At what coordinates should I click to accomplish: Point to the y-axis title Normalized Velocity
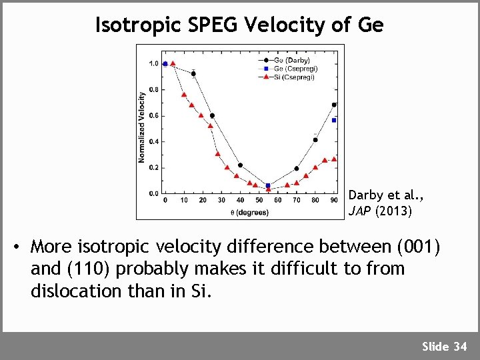(x=142, y=127)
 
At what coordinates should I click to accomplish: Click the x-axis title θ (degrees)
(x=249, y=213)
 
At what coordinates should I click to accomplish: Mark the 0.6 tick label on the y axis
(x=153, y=115)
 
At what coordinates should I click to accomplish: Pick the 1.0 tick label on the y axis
(x=153, y=63)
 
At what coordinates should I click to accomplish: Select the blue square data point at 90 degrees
(x=334, y=120)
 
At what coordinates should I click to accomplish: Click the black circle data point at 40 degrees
(x=240, y=165)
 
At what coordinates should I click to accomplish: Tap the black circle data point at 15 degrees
(x=193, y=74)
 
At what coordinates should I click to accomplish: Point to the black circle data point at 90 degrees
(x=334, y=105)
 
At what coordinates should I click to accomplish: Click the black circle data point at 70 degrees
(x=297, y=169)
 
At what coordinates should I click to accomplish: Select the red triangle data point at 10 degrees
(x=184, y=95)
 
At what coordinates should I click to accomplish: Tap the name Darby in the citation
(x=365, y=195)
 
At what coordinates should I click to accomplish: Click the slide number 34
(x=460, y=346)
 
